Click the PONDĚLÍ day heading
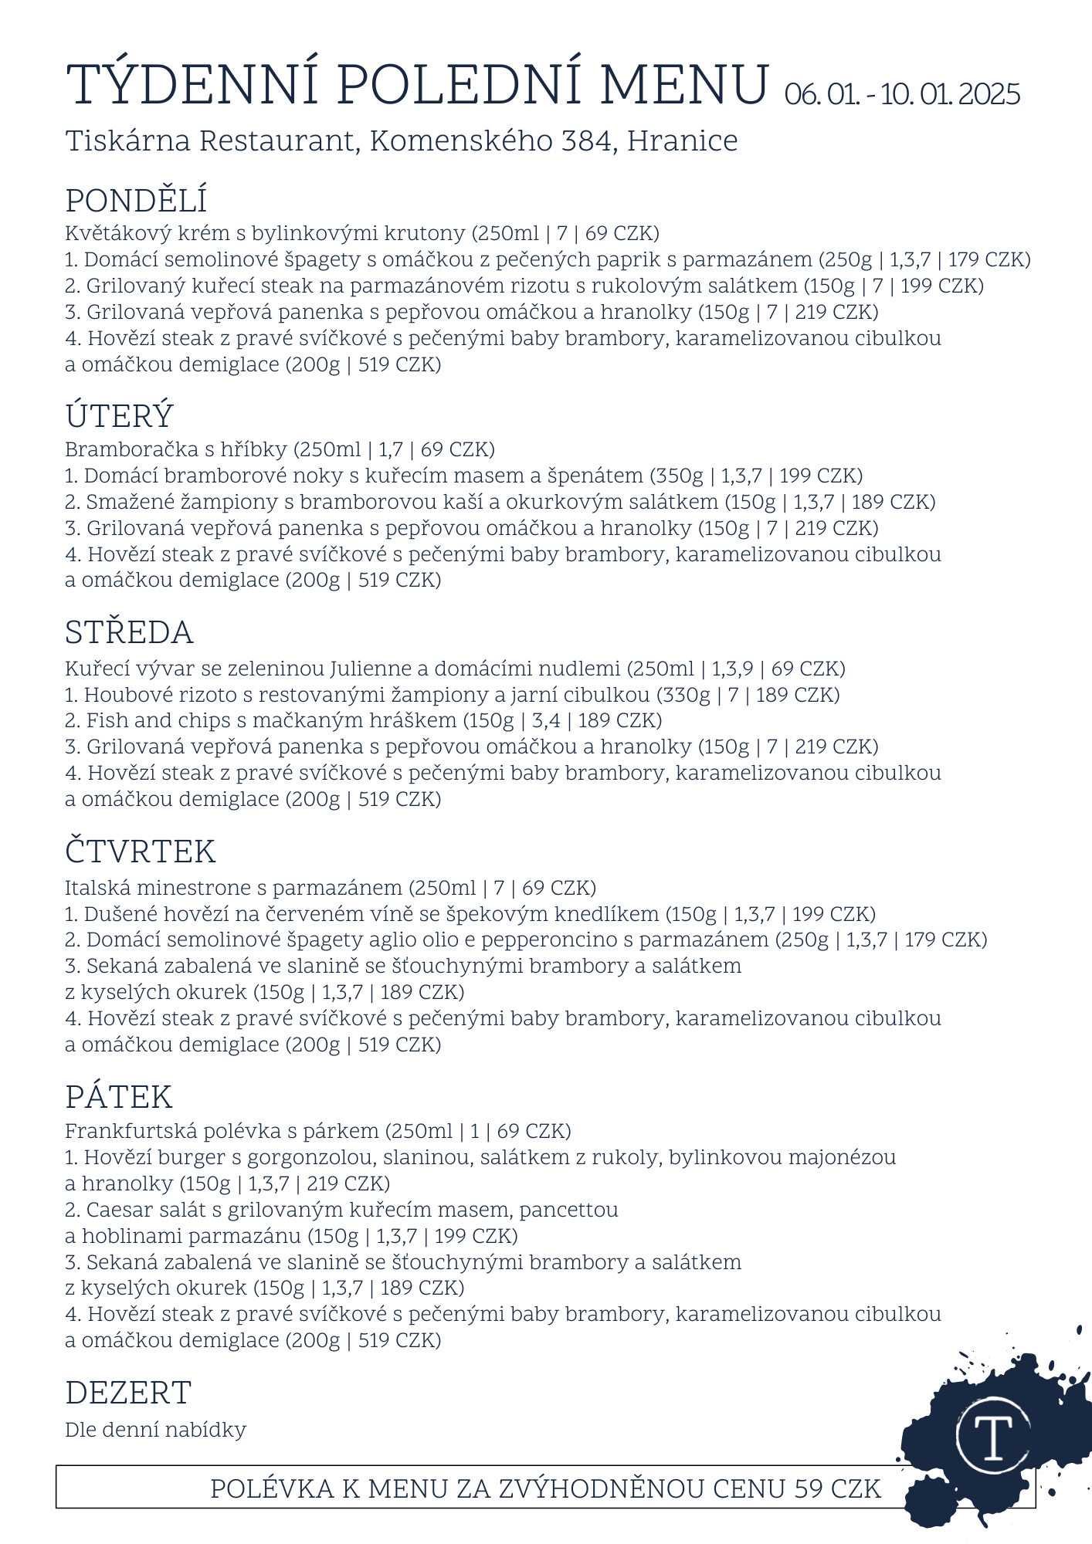point(136,201)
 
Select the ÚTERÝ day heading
point(119,417)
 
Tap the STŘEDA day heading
point(129,633)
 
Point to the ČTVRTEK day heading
point(140,852)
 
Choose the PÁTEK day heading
point(118,1097)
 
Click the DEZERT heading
point(128,1393)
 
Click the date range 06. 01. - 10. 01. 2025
point(902,95)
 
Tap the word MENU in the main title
point(684,85)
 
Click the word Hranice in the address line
point(682,141)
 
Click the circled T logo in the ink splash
point(993,1435)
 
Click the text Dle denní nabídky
point(155,1430)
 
